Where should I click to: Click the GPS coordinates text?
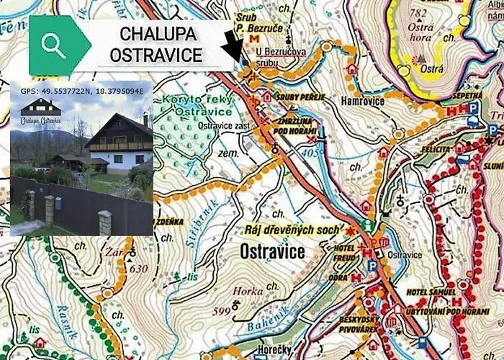(82, 91)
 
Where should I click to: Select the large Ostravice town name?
(268, 252)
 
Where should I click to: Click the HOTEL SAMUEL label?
(431, 292)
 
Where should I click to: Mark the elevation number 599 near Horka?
(223, 310)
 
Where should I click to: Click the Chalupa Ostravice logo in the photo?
(40, 112)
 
